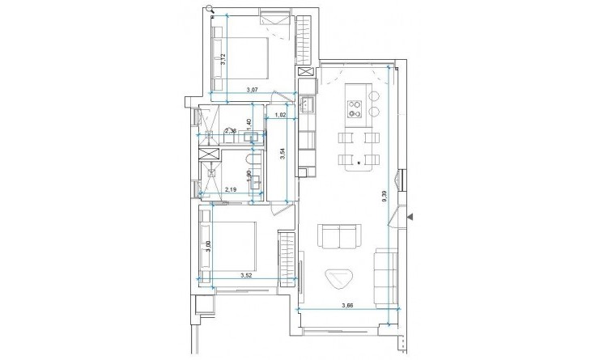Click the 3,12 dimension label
coord(223,58)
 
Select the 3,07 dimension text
coord(253,90)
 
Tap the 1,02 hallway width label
coord(281,115)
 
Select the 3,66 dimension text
coord(348,305)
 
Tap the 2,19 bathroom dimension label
coord(230,190)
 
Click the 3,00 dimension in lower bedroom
coord(209,248)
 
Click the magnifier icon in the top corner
coord(209,9)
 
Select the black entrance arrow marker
coord(410,217)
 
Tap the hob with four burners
coord(355,108)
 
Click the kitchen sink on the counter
coord(308,104)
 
